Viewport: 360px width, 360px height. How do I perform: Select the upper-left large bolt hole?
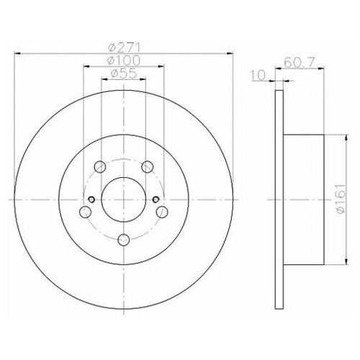102,167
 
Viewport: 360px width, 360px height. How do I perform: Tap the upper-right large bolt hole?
146,167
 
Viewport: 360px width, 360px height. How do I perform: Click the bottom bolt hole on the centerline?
123,239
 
